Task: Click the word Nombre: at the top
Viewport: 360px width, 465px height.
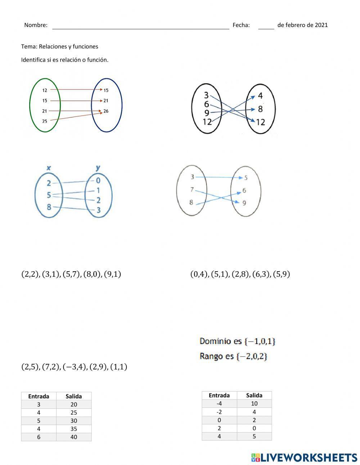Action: [36, 25]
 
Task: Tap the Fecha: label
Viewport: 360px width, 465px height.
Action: [241, 25]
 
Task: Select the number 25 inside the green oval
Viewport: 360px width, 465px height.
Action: [45, 121]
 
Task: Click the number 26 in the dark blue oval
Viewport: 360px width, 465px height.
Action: [106, 111]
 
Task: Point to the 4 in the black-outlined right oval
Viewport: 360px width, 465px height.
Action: [260, 96]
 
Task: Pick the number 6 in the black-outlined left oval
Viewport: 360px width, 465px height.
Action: [206, 104]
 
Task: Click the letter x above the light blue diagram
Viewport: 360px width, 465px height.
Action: [49, 168]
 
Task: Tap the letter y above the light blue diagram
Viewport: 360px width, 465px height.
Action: [98, 167]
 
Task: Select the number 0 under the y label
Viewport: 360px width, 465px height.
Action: [98, 181]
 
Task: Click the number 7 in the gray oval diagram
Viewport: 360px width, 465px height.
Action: [192, 189]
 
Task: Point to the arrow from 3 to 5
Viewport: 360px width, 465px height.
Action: [220, 177]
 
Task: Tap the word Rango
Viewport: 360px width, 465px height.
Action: [212, 356]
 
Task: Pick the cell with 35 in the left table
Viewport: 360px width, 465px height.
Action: [74, 429]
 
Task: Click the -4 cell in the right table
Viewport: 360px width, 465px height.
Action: [219, 403]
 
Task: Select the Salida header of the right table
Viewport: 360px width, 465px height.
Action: [254, 395]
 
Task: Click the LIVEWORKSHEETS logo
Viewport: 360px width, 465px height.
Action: [304, 457]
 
